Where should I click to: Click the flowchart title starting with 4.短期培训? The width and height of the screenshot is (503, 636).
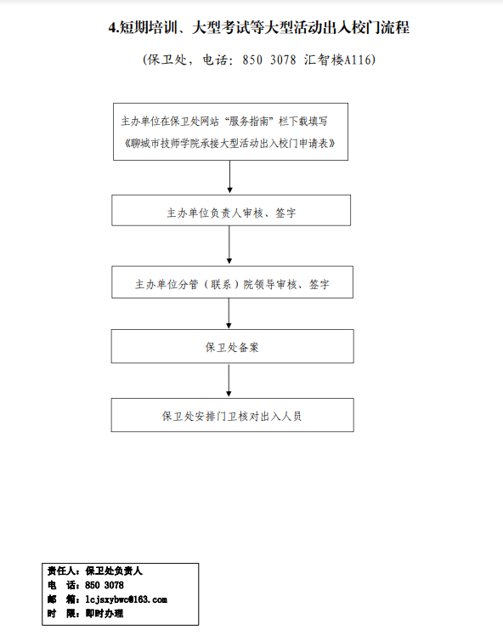pyautogui.click(x=259, y=27)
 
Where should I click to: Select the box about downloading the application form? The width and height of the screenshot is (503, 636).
pyautogui.click(x=230, y=132)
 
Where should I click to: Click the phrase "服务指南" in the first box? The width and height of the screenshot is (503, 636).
pyautogui.click(x=249, y=122)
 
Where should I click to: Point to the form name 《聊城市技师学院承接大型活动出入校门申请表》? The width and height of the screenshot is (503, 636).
pyautogui.click(x=230, y=143)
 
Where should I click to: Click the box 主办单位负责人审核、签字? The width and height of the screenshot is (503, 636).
pyautogui.click(x=231, y=211)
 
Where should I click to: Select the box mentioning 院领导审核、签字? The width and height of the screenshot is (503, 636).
pyautogui.click(x=232, y=282)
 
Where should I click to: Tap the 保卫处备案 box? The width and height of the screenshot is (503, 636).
pyautogui.click(x=232, y=346)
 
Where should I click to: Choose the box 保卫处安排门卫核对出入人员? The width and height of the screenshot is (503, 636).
pyautogui.click(x=232, y=415)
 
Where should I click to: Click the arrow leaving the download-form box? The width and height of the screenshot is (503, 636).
pyautogui.click(x=229, y=177)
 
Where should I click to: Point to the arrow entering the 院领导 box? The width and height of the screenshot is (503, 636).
pyautogui.click(x=229, y=245)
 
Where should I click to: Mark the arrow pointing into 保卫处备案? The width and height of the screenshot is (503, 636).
pyautogui.click(x=229, y=314)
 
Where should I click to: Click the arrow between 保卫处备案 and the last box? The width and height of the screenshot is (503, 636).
pyautogui.click(x=229, y=380)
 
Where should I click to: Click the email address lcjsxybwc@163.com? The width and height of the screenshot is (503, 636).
pyautogui.click(x=126, y=599)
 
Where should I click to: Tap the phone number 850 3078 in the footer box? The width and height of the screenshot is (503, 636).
pyautogui.click(x=105, y=585)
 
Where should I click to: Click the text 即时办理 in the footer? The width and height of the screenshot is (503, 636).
pyautogui.click(x=105, y=614)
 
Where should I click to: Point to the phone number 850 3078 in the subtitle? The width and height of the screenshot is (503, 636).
pyautogui.click(x=269, y=60)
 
